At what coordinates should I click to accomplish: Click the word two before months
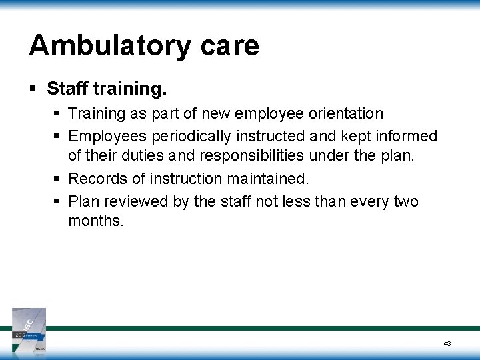(x=404, y=201)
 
